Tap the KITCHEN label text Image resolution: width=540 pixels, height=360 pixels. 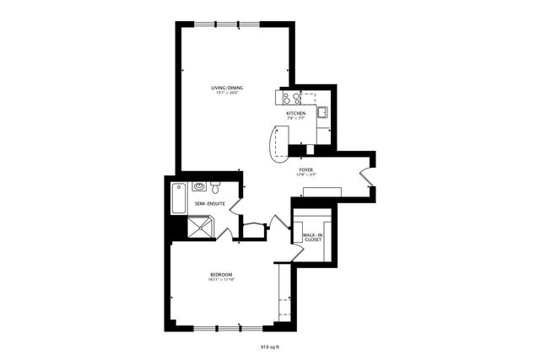(x=295, y=113)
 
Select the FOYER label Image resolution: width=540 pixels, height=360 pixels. (x=305, y=170)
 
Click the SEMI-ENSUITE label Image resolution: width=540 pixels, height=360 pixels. (x=208, y=204)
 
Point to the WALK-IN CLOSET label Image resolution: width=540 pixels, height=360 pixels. (x=313, y=238)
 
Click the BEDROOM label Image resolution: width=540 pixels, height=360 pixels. (x=222, y=275)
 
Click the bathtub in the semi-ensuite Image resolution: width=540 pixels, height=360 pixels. (x=178, y=199)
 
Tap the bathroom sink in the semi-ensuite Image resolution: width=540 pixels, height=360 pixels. (x=199, y=186)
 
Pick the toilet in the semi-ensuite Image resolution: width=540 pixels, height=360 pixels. (x=216, y=186)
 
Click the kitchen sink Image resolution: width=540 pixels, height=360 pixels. (x=322, y=112)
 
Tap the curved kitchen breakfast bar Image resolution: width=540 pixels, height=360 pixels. (x=276, y=143)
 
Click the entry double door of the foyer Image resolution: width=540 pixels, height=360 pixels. (x=364, y=175)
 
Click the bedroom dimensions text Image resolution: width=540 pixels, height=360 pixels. (x=222, y=281)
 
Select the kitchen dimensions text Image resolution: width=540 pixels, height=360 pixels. (x=295, y=119)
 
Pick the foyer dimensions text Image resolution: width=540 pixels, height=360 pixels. (x=305, y=176)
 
